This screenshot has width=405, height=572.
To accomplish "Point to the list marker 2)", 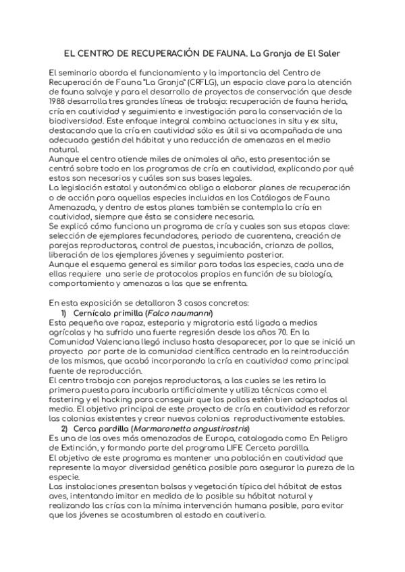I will click(65, 428).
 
